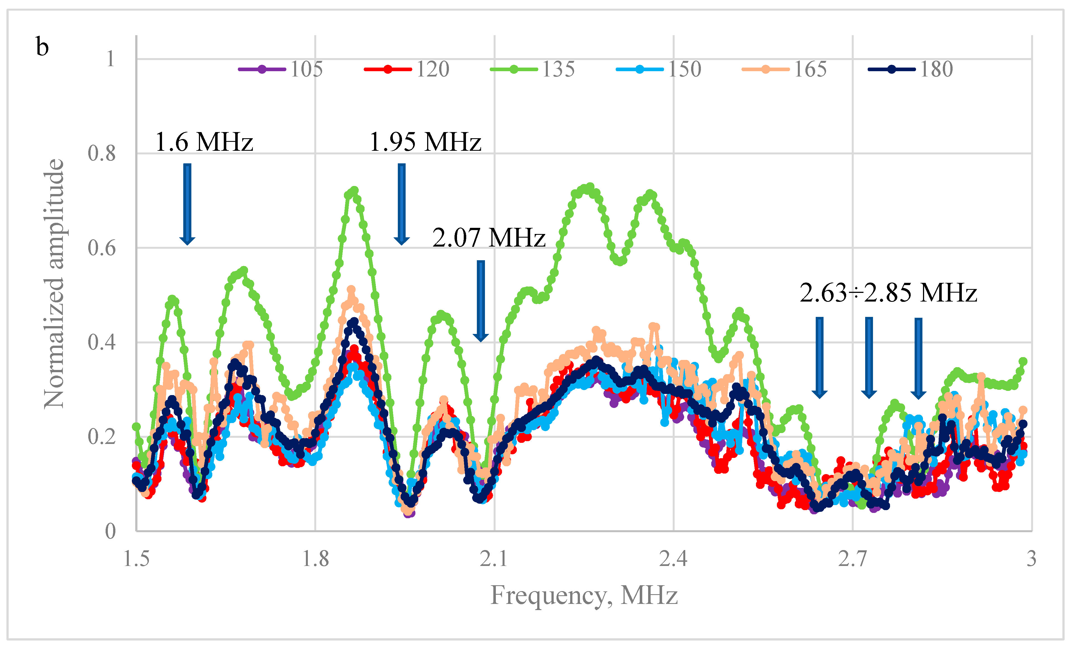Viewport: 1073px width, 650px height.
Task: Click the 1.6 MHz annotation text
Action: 204,142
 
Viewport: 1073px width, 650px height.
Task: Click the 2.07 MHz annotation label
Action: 489,238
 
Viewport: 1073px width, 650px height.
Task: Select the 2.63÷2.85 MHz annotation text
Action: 888,293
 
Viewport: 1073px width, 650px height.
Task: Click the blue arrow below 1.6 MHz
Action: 187,204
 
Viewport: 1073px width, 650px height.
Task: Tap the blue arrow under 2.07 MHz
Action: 481,301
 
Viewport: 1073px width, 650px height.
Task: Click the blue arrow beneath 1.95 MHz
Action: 401,204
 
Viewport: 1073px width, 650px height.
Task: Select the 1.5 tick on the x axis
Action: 136,559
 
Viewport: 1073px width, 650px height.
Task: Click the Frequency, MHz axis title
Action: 584,596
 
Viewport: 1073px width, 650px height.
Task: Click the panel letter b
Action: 42,47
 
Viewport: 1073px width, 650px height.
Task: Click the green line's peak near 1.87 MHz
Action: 354,191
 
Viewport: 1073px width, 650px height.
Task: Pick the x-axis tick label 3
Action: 1031,559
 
